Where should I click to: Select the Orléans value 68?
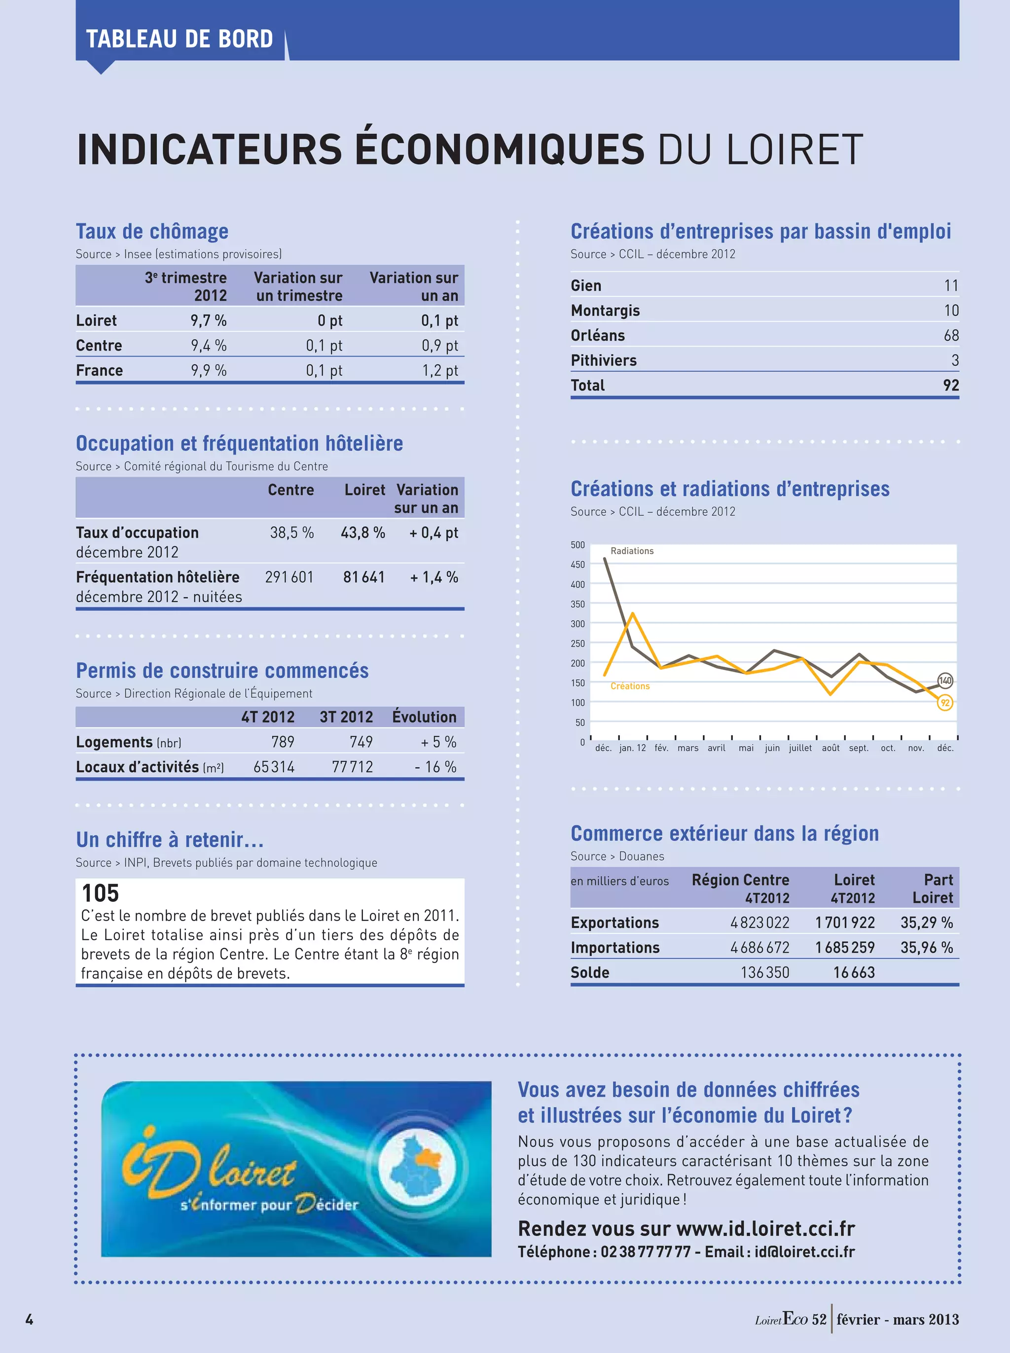tap(951, 335)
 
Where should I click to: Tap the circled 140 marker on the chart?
tap(945, 680)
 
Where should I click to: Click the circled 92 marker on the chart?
tap(945, 703)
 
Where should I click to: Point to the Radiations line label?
tap(632, 551)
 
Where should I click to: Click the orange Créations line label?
tap(630, 686)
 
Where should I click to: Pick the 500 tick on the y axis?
tap(578, 544)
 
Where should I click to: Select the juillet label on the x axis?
tap(800, 748)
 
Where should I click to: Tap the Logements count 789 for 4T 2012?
tap(283, 742)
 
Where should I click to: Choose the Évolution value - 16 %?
tap(435, 767)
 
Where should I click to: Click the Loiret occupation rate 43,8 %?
tap(362, 533)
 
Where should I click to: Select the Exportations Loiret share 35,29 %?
tap(926, 923)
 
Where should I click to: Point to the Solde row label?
tap(590, 972)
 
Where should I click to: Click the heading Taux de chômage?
tap(152, 232)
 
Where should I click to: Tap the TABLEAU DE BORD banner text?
tap(179, 39)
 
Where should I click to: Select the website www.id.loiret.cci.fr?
tap(765, 1228)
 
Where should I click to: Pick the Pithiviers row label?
tap(604, 360)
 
